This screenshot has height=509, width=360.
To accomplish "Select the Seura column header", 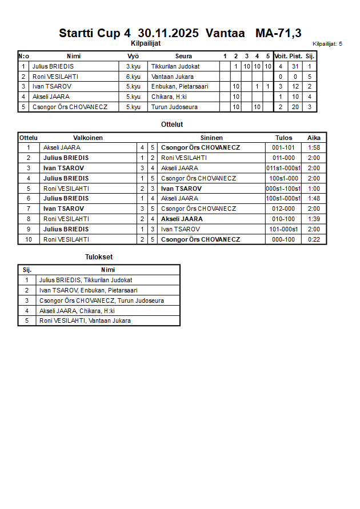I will [183, 56].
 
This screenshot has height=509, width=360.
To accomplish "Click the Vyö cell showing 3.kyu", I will [133, 66].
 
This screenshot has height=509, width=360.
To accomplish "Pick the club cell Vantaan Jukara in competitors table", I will [173, 77].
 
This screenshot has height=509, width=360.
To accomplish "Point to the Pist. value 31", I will [295, 66].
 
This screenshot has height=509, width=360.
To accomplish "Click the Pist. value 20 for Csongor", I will [295, 107].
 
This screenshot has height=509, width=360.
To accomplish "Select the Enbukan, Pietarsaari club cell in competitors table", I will [180, 87].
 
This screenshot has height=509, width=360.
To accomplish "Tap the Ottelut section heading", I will [172, 124].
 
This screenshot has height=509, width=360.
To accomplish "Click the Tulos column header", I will [283, 138].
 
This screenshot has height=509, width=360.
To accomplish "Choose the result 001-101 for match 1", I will [283, 147].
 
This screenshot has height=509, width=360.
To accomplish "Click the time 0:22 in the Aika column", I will [314, 239].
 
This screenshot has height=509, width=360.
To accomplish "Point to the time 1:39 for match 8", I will [314, 219].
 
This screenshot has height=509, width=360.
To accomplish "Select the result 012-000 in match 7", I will [283, 209].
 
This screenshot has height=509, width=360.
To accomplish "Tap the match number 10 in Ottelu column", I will [29, 239].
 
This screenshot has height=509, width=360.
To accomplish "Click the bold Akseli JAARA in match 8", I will [182, 219].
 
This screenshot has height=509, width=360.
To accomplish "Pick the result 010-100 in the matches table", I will [283, 219].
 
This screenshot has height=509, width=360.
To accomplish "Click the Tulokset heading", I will [99, 257].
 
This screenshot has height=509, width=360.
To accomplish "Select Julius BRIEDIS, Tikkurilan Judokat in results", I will [86, 280].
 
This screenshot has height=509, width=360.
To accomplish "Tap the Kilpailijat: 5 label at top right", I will [327, 43].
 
